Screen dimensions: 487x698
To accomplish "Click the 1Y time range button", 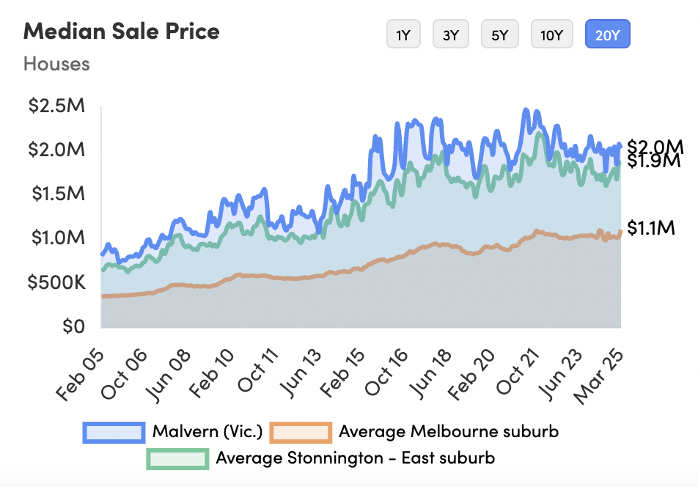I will [x=403, y=34].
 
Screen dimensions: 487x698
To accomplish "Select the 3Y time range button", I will [x=451, y=34].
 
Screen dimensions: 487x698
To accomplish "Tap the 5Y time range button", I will [x=499, y=34].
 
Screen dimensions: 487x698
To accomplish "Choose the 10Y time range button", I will [x=551, y=34].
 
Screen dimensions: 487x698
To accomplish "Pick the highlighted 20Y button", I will [x=607, y=34].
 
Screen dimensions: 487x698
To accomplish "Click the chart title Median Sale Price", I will [x=122, y=32].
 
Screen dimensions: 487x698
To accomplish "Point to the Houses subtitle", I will [x=56, y=64].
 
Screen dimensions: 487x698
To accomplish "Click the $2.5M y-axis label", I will [x=56, y=106].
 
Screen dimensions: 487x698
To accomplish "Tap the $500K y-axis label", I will [x=56, y=282].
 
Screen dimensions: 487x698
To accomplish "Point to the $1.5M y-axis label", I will [x=56, y=194].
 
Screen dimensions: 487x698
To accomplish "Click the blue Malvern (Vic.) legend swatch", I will [x=114, y=432].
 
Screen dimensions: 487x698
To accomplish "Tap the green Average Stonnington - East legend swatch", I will [x=177, y=459].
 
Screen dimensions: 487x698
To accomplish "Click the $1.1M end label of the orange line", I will [x=651, y=229].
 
